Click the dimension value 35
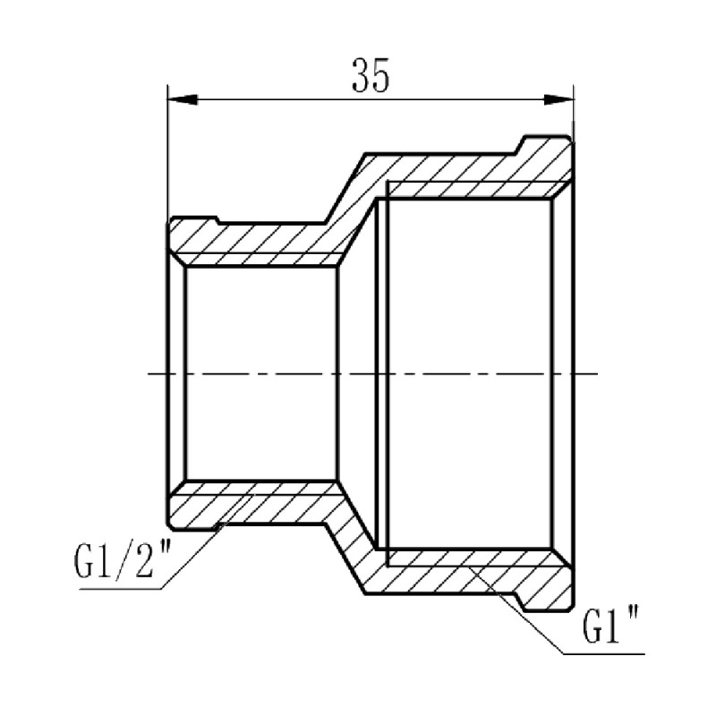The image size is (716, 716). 371,76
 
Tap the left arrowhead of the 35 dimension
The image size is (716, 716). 179,98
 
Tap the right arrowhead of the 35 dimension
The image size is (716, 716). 562,98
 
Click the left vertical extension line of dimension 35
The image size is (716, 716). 168,152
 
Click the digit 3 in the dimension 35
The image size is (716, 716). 361,76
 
